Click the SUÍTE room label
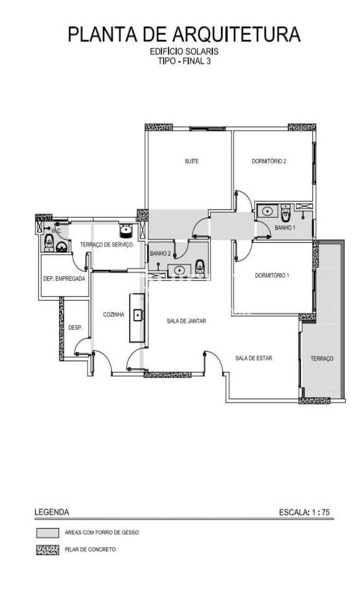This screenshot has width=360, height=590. click(x=192, y=161)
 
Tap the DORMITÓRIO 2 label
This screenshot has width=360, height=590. click(x=269, y=161)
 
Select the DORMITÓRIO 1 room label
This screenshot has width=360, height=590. click(x=272, y=275)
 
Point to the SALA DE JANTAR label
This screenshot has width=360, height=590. click(x=186, y=321)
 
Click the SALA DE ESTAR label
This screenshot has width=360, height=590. click(x=253, y=358)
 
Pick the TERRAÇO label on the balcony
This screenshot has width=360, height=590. click(x=322, y=358)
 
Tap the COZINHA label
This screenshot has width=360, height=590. click(x=114, y=315)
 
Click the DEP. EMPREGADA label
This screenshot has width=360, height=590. click(x=64, y=279)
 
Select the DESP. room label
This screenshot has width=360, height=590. click(x=75, y=328)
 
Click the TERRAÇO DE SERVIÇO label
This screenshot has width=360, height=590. click(x=107, y=244)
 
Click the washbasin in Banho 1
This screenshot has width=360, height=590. click(x=268, y=211)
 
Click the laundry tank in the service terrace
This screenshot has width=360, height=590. click(x=126, y=231)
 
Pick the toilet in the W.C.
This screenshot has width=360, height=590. click(x=48, y=242)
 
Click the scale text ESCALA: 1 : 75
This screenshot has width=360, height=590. click(x=305, y=512)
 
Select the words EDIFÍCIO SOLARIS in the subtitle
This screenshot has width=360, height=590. click(x=184, y=51)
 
